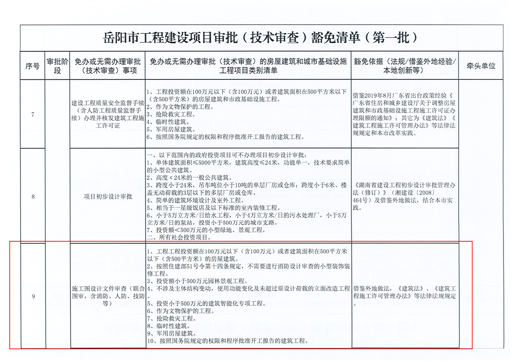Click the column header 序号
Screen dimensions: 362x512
pyautogui.click(x=32, y=66)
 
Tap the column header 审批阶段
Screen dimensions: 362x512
pyautogui.click(x=57, y=66)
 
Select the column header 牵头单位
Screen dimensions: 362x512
pyautogui.click(x=481, y=66)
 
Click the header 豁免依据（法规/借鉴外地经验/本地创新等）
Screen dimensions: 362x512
pyautogui.click(x=405, y=66)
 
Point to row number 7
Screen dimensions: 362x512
pyautogui.click(x=32, y=115)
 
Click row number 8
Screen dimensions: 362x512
pyautogui.click(x=32, y=197)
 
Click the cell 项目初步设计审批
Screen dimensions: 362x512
pyautogui.click(x=108, y=197)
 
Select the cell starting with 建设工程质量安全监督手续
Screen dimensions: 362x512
pyautogui.click(x=108, y=114)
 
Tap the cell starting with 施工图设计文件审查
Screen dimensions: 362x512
pyautogui.click(x=108, y=296)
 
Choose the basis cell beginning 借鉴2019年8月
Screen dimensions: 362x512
pyautogui.click(x=404, y=114)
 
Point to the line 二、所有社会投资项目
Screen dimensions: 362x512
pyautogui.click(x=178, y=237)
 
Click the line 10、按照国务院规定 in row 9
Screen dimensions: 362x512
pyautogui.click(x=226, y=341)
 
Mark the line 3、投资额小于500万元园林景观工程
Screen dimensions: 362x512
pyautogui.click(x=197, y=281)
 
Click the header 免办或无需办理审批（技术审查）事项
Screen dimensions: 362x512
pyautogui.click(x=108, y=66)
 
